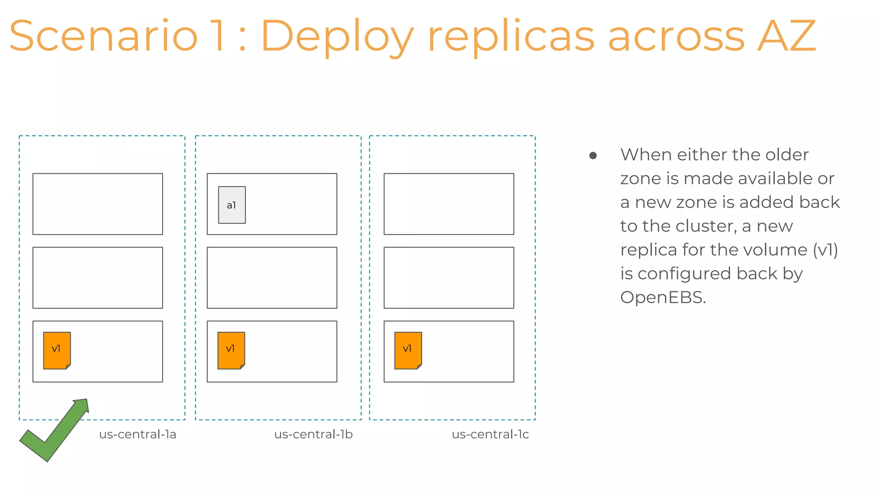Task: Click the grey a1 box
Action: click(x=232, y=205)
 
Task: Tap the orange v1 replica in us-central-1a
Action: click(x=57, y=350)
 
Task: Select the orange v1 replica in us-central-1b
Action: click(x=231, y=350)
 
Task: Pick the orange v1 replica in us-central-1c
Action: click(x=408, y=350)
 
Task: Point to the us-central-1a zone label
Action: click(x=138, y=434)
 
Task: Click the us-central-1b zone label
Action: click(x=313, y=434)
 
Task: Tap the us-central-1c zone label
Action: click(x=490, y=434)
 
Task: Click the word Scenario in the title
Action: click(x=103, y=36)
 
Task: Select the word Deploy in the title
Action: click(x=337, y=36)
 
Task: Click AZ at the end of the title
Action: click(x=786, y=36)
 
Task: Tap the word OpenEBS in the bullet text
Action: click(x=662, y=297)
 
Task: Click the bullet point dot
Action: click(x=593, y=155)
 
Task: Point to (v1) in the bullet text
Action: click(x=825, y=250)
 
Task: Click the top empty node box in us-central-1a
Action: click(x=98, y=204)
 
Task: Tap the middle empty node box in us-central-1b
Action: click(x=272, y=277)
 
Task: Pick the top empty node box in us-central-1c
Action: click(x=448, y=204)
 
